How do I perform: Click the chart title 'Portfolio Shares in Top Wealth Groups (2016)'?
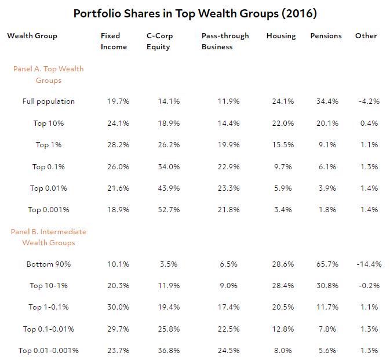tap(195, 13)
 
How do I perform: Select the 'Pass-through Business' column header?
tap(225, 41)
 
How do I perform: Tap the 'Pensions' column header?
tap(326, 36)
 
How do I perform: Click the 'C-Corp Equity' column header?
tap(159, 41)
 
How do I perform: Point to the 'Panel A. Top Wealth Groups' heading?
tap(49, 75)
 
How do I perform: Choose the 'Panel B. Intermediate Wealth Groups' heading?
tap(49, 237)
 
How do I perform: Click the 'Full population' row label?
tap(49, 101)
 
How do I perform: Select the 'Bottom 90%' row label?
tap(49, 264)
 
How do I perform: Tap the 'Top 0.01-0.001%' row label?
tap(49, 351)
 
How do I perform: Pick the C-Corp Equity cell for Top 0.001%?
tap(169, 210)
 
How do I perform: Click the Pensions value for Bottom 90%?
tap(326, 264)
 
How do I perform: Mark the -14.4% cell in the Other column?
tap(369, 264)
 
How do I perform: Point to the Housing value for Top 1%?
tap(283, 145)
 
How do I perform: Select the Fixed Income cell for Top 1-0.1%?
tap(118, 307)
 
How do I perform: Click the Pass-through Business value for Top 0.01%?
tap(229, 188)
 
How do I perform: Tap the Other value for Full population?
tap(369, 101)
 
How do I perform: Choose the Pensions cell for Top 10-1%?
tap(326, 286)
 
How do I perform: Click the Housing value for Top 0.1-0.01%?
tap(283, 329)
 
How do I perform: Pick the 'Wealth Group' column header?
tap(32, 36)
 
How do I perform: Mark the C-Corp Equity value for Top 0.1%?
tap(169, 167)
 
